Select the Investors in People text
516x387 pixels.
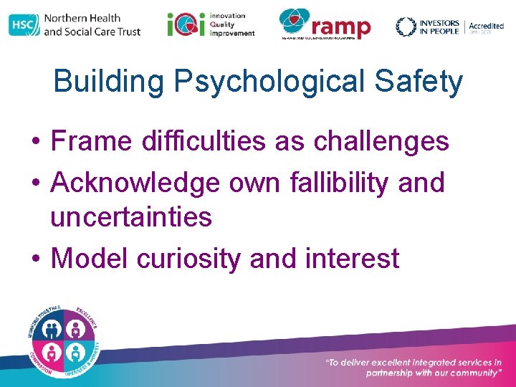[x=438, y=27]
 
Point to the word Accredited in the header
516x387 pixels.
[x=487, y=26]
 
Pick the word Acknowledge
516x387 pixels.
[x=135, y=183]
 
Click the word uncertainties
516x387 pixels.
[x=131, y=216]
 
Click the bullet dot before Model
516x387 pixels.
[x=35, y=259]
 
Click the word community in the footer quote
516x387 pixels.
[x=466, y=373]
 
